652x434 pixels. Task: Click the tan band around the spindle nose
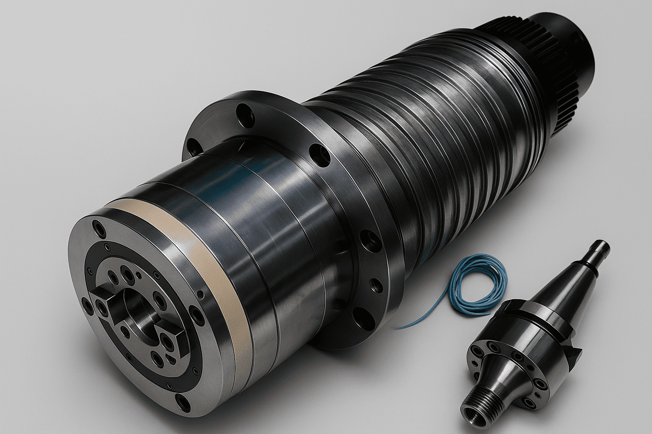click(x=221, y=271)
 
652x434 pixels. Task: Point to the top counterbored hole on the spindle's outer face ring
click(x=99, y=229)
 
